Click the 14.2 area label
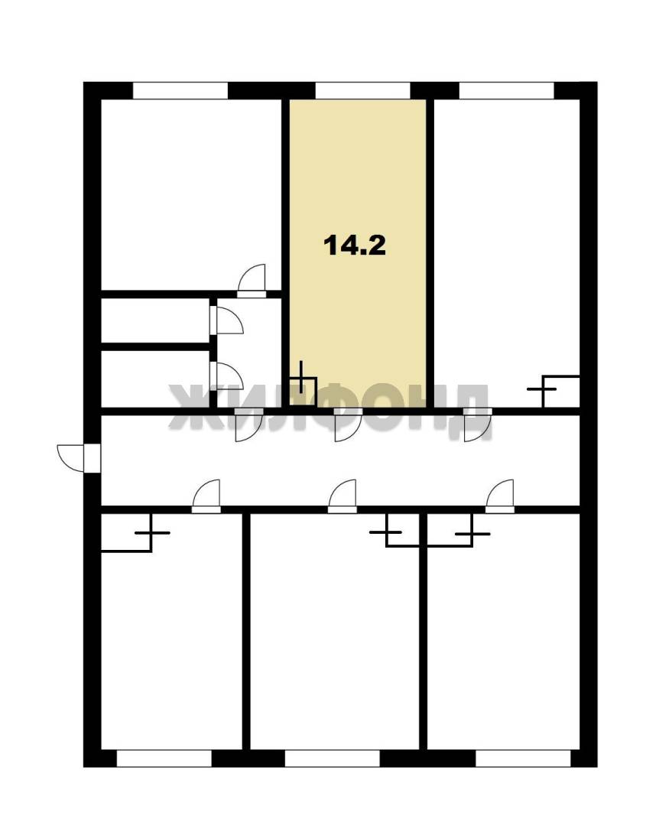point(355,246)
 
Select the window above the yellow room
point(362,90)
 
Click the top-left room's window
point(180,90)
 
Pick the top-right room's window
point(507,90)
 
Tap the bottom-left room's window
point(164,759)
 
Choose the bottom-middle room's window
point(332,759)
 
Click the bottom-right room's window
point(523,759)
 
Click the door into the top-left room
point(252,281)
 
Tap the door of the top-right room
point(478,424)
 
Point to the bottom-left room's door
point(206,496)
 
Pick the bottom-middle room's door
point(342,496)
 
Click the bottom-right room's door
point(499,496)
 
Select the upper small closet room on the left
point(155,320)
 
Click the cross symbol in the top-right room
point(542,389)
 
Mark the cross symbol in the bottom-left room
point(151,532)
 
